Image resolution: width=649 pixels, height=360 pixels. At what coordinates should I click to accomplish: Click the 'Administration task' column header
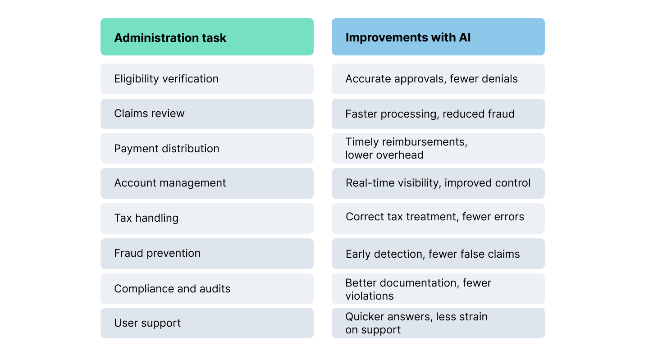(206, 37)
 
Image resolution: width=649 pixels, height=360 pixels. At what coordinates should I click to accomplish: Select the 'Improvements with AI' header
(438, 37)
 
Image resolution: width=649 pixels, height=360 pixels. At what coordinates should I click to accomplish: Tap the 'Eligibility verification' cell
(206, 79)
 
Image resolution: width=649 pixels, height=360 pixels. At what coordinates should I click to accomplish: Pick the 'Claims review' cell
(206, 114)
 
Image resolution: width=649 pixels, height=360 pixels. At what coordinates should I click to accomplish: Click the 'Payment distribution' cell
(206, 149)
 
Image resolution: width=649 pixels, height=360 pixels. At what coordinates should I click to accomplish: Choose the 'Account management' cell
(206, 183)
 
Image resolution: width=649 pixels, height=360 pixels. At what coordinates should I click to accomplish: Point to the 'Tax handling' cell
(206, 218)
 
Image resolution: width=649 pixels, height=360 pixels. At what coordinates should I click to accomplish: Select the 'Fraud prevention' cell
(206, 253)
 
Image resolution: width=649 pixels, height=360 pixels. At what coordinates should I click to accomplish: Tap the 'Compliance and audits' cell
(206, 288)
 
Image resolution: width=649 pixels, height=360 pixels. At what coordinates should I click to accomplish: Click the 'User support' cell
(206, 323)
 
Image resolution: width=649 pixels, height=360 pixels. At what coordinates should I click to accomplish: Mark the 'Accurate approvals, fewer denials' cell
(438, 79)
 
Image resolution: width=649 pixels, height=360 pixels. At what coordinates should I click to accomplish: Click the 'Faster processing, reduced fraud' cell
(438, 114)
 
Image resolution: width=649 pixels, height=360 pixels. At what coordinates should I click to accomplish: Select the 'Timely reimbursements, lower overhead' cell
(438, 148)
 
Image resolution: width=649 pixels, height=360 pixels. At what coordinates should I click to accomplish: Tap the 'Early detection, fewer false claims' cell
(438, 254)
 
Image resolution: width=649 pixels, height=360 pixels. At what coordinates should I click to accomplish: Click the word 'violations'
(370, 296)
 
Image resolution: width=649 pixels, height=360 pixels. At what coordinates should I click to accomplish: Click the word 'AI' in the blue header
(465, 37)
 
